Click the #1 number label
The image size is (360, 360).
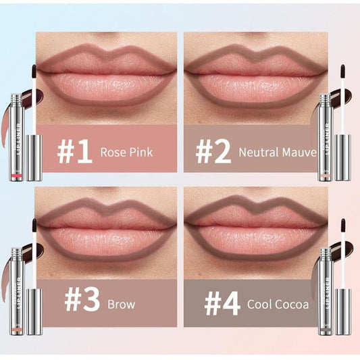74,153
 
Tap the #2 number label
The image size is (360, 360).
213,153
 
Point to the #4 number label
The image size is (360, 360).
222,304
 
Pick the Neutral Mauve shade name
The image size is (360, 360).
277,153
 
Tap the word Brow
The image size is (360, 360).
121,305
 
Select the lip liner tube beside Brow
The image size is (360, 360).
16,290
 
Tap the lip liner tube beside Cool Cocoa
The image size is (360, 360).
326,290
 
